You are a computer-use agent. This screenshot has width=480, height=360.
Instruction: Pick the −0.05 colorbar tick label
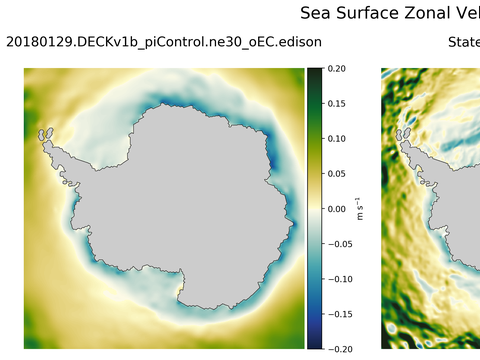click(337, 243)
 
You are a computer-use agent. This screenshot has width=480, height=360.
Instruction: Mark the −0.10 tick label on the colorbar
click(337, 278)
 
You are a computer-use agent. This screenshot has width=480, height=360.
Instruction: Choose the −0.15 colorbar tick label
click(337, 313)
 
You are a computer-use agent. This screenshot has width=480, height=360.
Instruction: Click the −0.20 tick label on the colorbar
click(337, 348)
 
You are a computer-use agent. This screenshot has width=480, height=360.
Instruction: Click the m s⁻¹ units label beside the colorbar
click(361, 208)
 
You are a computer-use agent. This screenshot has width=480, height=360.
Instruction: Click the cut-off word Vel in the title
click(467, 13)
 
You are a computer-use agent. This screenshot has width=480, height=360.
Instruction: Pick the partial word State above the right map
click(463, 42)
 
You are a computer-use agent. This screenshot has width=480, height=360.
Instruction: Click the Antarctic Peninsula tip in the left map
click(44, 132)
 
